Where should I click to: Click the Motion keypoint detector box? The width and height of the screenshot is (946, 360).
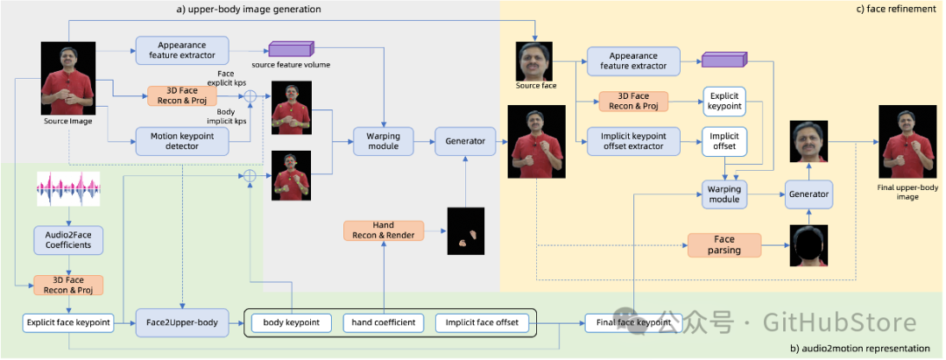(182, 142)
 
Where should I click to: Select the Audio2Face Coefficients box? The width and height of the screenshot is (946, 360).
(69, 240)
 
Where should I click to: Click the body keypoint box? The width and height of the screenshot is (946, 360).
(292, 322)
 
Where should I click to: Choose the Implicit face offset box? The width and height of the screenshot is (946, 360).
(482, 322)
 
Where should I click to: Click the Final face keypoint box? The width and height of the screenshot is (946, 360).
(633, 322)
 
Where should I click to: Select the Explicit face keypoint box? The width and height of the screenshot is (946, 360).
(68, 322)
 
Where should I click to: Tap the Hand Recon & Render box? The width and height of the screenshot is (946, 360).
(384, 230)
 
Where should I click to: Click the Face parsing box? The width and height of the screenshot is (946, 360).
(724, 245)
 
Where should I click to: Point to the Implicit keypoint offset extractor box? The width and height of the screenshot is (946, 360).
(633, 142)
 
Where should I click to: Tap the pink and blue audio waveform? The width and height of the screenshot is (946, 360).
(69, 188)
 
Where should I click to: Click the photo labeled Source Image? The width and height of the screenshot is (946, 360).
(67, 78)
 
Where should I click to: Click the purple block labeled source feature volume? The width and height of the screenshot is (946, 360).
(291, 51)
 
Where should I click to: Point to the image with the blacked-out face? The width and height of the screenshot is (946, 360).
(808, 245)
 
